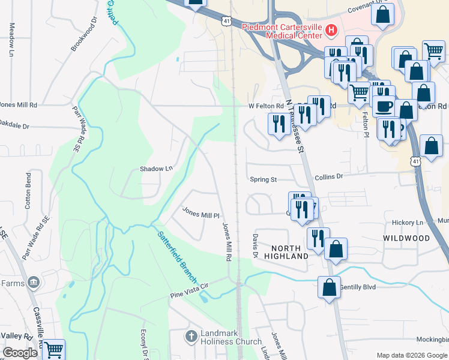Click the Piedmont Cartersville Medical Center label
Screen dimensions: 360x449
click(x=280, y=31)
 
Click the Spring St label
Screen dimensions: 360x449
click(x=264, y=179)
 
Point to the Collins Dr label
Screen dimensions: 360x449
click(x=328, y=177)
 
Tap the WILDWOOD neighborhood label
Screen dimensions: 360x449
click(x=407, y=238)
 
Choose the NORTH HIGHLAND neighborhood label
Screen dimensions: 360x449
click(x=291, y=252)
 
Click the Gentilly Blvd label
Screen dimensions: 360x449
click(x=358, y=287)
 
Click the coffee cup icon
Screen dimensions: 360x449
click(x=384, y=107)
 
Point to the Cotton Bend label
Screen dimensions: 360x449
click(x=28, y=191)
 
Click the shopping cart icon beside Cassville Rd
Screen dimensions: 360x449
click(x=53, y=350)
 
